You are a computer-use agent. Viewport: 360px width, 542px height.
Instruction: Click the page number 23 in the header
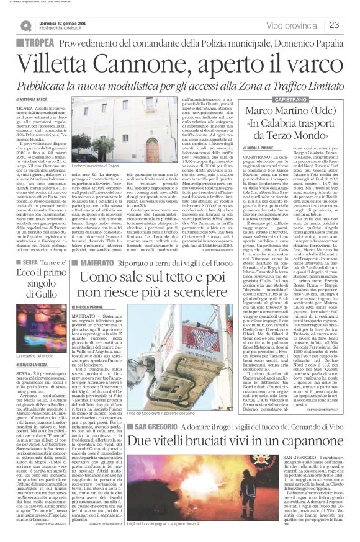click(x=350, y=24)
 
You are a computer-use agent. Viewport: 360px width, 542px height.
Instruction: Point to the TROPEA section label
click(x=38, y=42)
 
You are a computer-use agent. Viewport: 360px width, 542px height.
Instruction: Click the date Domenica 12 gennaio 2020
click(x=61, y=22)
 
